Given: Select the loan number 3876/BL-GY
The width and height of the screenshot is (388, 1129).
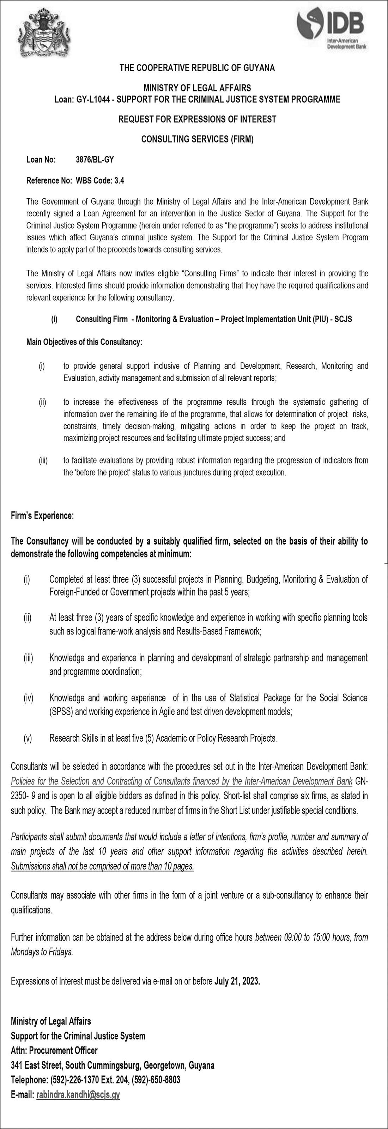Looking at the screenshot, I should point(95,159).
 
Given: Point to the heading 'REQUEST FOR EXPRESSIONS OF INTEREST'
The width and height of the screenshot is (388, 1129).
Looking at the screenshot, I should point(197,119).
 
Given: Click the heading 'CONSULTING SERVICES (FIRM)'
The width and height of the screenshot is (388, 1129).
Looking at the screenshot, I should point(197,139).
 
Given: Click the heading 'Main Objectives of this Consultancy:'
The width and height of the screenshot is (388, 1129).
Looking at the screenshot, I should point(84,342).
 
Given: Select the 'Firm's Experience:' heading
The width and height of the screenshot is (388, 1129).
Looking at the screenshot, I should point(42,516).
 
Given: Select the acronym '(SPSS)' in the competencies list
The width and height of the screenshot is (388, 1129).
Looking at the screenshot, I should point(62,711).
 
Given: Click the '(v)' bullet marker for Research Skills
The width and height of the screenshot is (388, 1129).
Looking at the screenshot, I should point(28,738).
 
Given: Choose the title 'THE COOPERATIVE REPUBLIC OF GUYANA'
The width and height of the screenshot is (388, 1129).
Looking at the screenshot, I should point(197,68).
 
